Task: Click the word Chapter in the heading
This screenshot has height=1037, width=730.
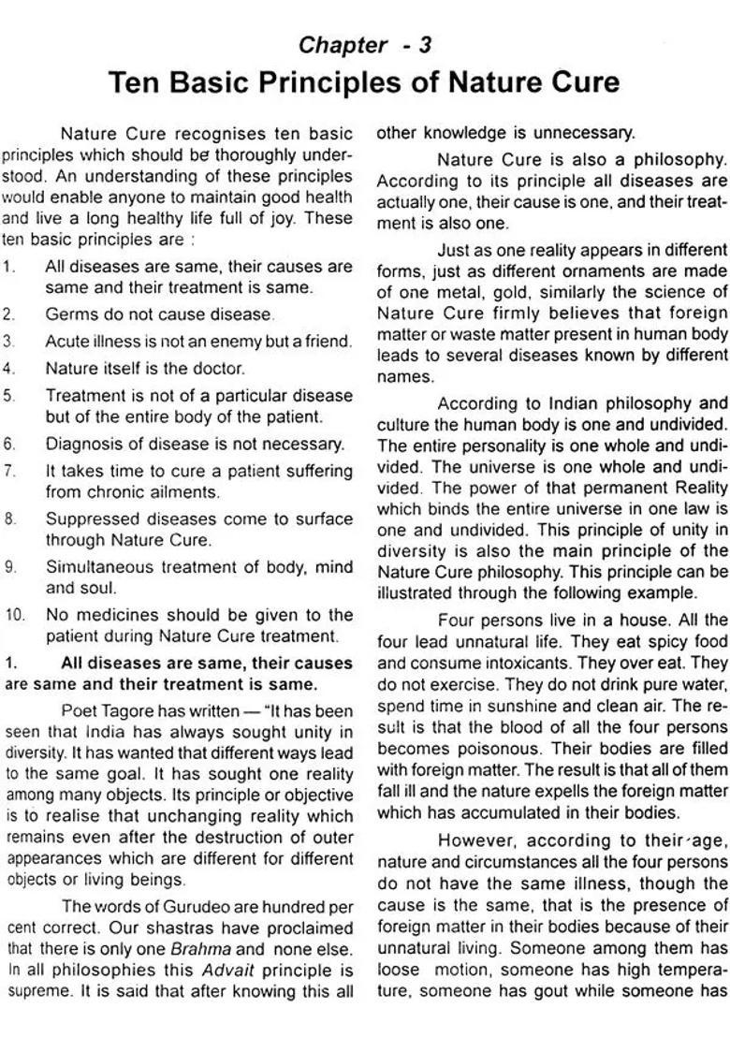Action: [343, 44]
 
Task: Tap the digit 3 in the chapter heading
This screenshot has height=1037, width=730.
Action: [426, 44]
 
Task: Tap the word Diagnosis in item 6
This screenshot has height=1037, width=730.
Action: [82, 444]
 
